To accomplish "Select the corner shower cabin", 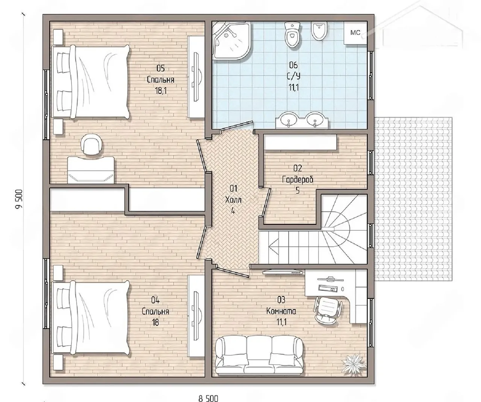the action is pos(231,41).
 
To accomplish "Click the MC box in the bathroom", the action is pos(355,33).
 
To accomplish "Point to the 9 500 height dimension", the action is pos(19,199).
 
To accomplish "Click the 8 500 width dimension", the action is pos(208,398).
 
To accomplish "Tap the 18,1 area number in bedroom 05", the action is pos(160,91).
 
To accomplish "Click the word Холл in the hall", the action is pos(233,200).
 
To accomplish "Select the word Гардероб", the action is pos(297,179).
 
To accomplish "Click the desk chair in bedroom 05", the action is pos(91,144).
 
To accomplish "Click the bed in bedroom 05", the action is pos(90,82).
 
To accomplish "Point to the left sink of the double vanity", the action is pos(288,119).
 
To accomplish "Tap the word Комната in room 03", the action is pos(281,311).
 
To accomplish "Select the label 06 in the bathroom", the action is pos(293,65).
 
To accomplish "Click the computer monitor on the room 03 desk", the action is pos(330,279).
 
